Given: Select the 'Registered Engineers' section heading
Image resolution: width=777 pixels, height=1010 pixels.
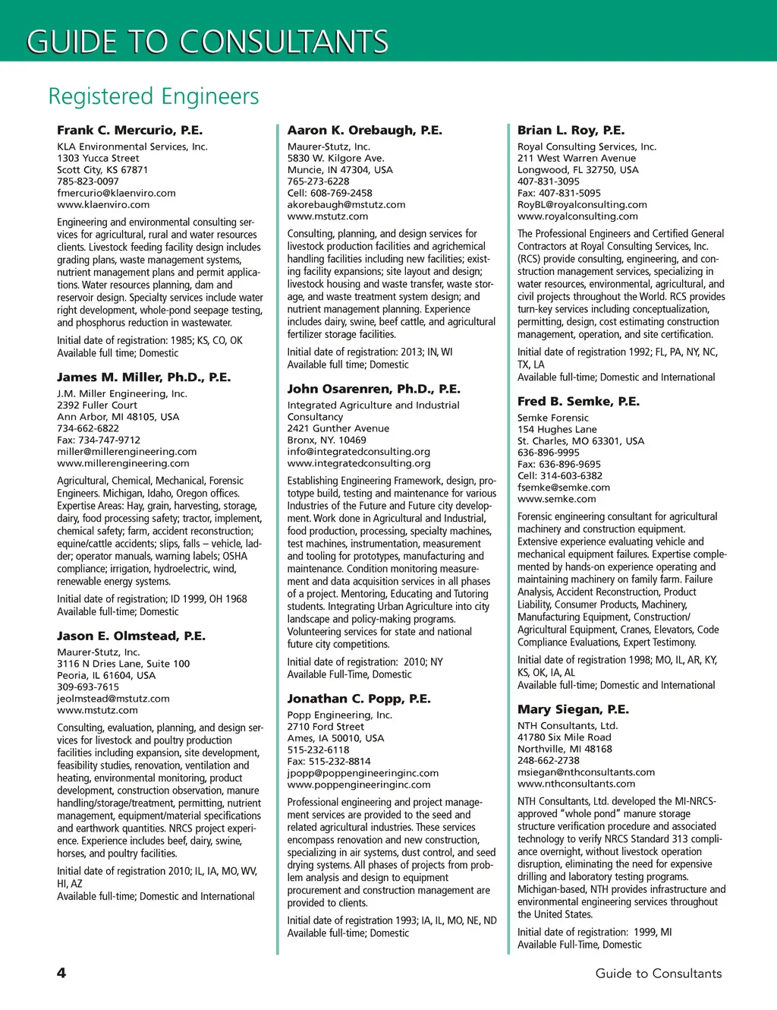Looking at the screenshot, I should (153, 96).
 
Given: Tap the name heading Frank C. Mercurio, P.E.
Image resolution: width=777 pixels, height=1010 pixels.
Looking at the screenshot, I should (130, 131).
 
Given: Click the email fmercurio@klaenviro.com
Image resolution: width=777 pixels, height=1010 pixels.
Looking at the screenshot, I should (116, 193).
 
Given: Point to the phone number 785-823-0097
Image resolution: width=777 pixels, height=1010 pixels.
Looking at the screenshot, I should (88, 181).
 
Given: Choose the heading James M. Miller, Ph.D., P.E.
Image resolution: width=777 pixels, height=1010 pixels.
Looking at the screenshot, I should (143, 377).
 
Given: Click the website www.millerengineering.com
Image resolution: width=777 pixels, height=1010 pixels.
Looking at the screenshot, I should (123, 463).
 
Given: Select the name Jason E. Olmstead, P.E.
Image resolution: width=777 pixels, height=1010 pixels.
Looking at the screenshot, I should (131, 636).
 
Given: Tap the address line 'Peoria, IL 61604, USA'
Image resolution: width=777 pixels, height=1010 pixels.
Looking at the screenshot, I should (106, 675).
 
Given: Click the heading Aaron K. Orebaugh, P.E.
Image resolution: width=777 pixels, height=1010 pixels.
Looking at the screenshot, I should (364, 131).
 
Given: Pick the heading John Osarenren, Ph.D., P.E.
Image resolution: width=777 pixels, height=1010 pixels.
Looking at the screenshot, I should (373, 390).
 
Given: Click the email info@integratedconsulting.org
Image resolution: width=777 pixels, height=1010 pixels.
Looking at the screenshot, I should (358, 452).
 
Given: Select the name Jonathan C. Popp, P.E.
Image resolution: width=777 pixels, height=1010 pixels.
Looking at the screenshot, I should (358, 699).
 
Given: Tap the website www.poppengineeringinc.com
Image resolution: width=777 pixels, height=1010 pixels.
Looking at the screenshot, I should (358, 784).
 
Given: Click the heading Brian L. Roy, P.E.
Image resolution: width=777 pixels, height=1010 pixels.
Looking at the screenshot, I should (571, 131).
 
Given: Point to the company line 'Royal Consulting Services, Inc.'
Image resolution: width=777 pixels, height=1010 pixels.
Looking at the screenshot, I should (587, 147).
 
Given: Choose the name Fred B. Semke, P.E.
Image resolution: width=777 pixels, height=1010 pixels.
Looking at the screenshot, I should (578, 402).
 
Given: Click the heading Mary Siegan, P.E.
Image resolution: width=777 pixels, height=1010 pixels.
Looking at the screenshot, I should (573, 709).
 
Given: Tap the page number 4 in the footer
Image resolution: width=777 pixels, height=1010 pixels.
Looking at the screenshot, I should (61, 974).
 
